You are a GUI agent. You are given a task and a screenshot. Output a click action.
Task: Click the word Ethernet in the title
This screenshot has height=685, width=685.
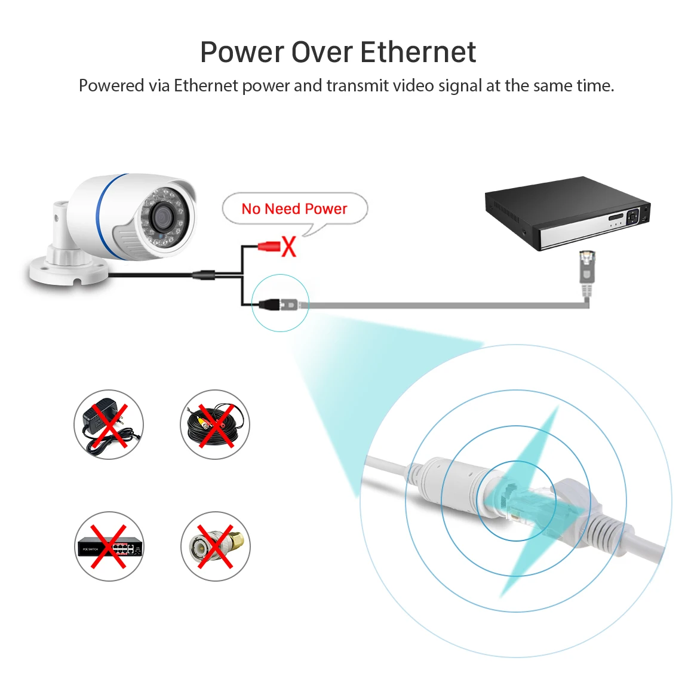418,52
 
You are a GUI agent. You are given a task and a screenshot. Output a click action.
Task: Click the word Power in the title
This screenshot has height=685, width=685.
242,52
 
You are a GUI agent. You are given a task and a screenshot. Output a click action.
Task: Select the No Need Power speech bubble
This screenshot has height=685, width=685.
294,209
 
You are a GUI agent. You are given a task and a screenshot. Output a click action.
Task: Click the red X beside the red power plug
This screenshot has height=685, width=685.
289,246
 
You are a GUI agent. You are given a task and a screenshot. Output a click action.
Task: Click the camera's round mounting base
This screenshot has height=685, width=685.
69,272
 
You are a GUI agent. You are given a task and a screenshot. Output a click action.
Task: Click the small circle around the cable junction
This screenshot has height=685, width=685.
280,303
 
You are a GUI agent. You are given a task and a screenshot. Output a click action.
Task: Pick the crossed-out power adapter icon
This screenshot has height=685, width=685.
109,425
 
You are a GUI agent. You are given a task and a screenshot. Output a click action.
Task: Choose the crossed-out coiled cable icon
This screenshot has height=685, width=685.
215,425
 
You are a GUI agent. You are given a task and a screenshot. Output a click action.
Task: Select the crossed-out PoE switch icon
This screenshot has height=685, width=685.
109,546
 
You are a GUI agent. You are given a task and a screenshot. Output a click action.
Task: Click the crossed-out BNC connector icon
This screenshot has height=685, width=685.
215,546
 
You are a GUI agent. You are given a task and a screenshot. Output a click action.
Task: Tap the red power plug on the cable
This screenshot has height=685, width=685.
269,245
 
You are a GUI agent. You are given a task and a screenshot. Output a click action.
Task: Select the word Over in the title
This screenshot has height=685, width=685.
323,52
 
